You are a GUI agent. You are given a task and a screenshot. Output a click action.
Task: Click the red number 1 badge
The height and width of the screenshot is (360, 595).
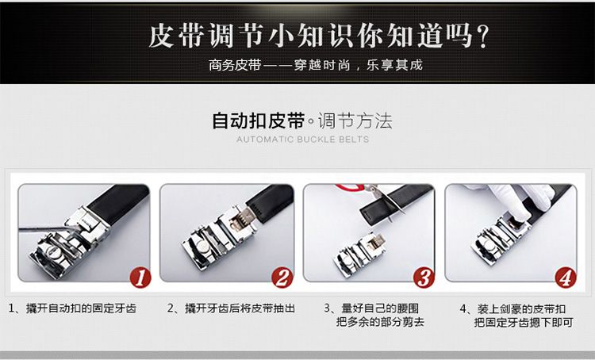click(x=140, y=278)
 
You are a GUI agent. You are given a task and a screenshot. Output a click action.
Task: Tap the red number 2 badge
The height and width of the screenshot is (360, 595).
click(x=282, y=278)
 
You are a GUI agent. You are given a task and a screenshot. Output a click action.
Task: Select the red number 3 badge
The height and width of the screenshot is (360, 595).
click(x=424, y=278)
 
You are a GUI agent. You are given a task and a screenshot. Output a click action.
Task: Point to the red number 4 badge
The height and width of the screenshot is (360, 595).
click(x=566, y=278)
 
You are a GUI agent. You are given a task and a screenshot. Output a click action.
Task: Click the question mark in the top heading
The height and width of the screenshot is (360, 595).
click(x=482, y=36)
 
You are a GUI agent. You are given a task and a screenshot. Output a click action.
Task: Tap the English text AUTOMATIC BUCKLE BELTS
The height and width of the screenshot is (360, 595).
click(x=303, y=140)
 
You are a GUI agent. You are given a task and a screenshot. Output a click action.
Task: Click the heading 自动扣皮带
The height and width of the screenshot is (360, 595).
click(x=258, y=121)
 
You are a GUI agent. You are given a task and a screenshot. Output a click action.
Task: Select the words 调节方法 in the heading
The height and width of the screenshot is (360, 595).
click(x=355, y=121)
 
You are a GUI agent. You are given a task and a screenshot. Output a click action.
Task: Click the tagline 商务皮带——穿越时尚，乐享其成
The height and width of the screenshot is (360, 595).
click(x=315, y=65)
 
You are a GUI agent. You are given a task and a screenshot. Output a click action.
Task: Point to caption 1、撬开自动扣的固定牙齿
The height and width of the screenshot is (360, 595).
click(x=72, y=308)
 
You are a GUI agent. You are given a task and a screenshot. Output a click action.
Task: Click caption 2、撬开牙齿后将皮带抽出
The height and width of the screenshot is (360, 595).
click(x=231, y=308)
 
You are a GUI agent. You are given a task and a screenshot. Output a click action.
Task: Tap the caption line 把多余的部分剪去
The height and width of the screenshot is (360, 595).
click(x=380, y=322)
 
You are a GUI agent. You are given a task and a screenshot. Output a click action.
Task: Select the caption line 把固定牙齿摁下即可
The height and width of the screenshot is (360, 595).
click(x=524, y=323)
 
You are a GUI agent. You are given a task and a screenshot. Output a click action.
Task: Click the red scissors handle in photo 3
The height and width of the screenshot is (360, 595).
click(x=350, y=187)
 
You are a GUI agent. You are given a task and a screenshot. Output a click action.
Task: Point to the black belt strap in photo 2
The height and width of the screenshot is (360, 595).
click(x=271, y=200)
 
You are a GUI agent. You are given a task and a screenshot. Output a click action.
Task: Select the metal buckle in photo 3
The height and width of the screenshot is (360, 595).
click(x=359, y=251)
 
